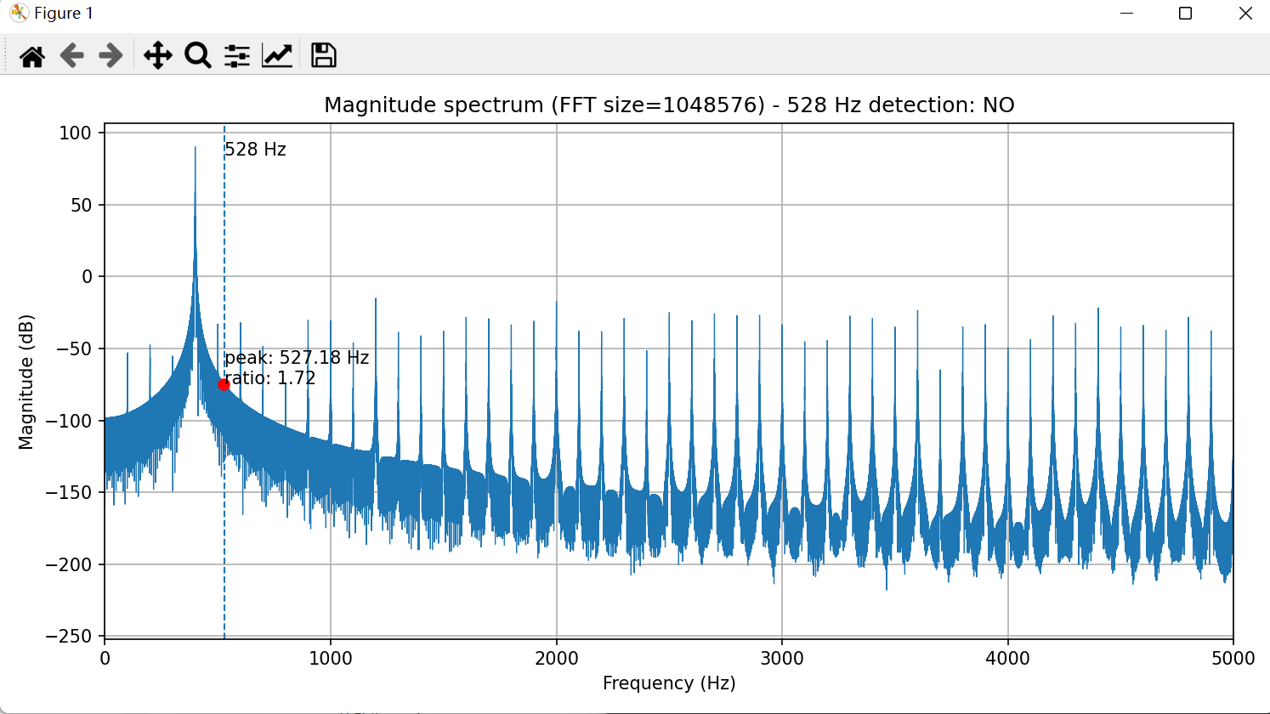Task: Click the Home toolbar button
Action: coord(32,56)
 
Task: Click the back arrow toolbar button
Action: coord(71,56)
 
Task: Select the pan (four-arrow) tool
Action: coord(157,56)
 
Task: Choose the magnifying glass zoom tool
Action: coord(197,56)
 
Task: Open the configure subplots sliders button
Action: coord(237,56)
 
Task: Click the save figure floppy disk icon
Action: coord(323,56)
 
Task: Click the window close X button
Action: coord(1245,14)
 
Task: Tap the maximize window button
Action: coord(1185,14)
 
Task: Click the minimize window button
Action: coord(1127,14)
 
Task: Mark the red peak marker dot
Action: coord(224,384)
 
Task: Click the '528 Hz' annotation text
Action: coord(256,150)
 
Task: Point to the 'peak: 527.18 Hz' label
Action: coord(297,358)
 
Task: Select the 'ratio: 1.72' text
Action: coord(270,378)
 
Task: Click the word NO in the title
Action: coord(998,105)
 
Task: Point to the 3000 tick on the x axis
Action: coord(782,659)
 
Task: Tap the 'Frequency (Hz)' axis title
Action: coord(669,683)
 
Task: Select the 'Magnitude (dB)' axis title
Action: coord(26,382)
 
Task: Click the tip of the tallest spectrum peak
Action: coord(196,148)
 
